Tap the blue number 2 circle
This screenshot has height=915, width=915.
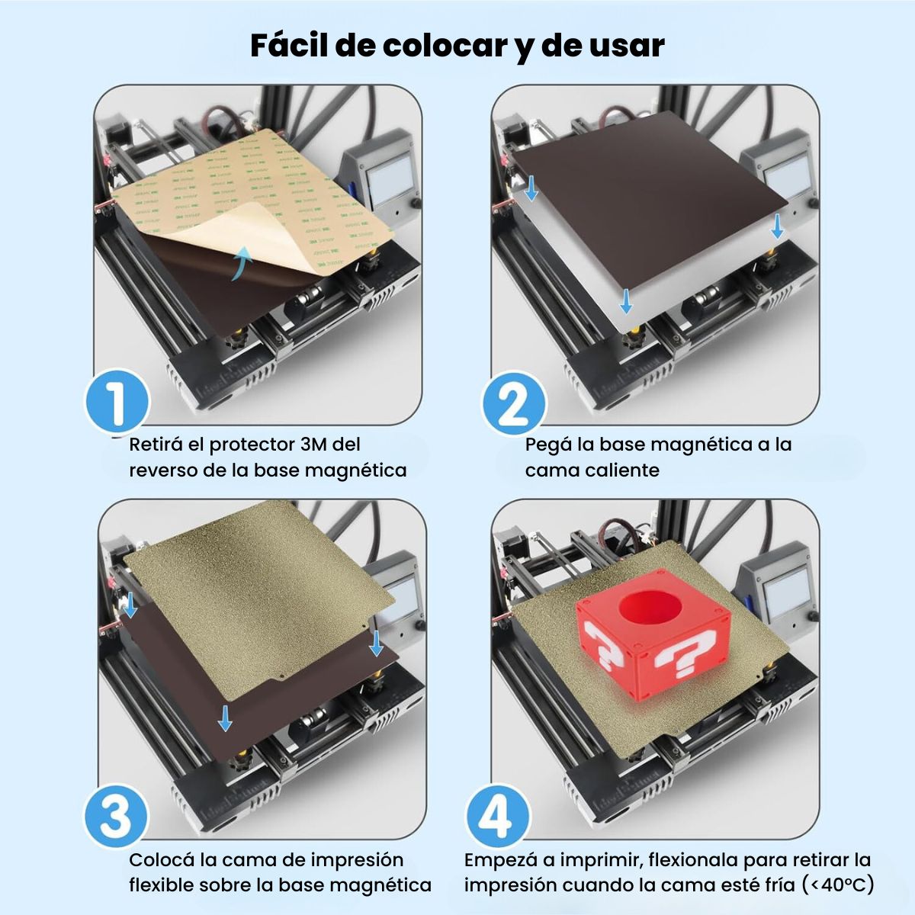click(515, 403)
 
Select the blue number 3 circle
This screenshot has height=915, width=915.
click(117, 816)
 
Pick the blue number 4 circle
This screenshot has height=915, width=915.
click(498, 816)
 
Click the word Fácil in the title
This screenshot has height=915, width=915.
click(288, 46)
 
